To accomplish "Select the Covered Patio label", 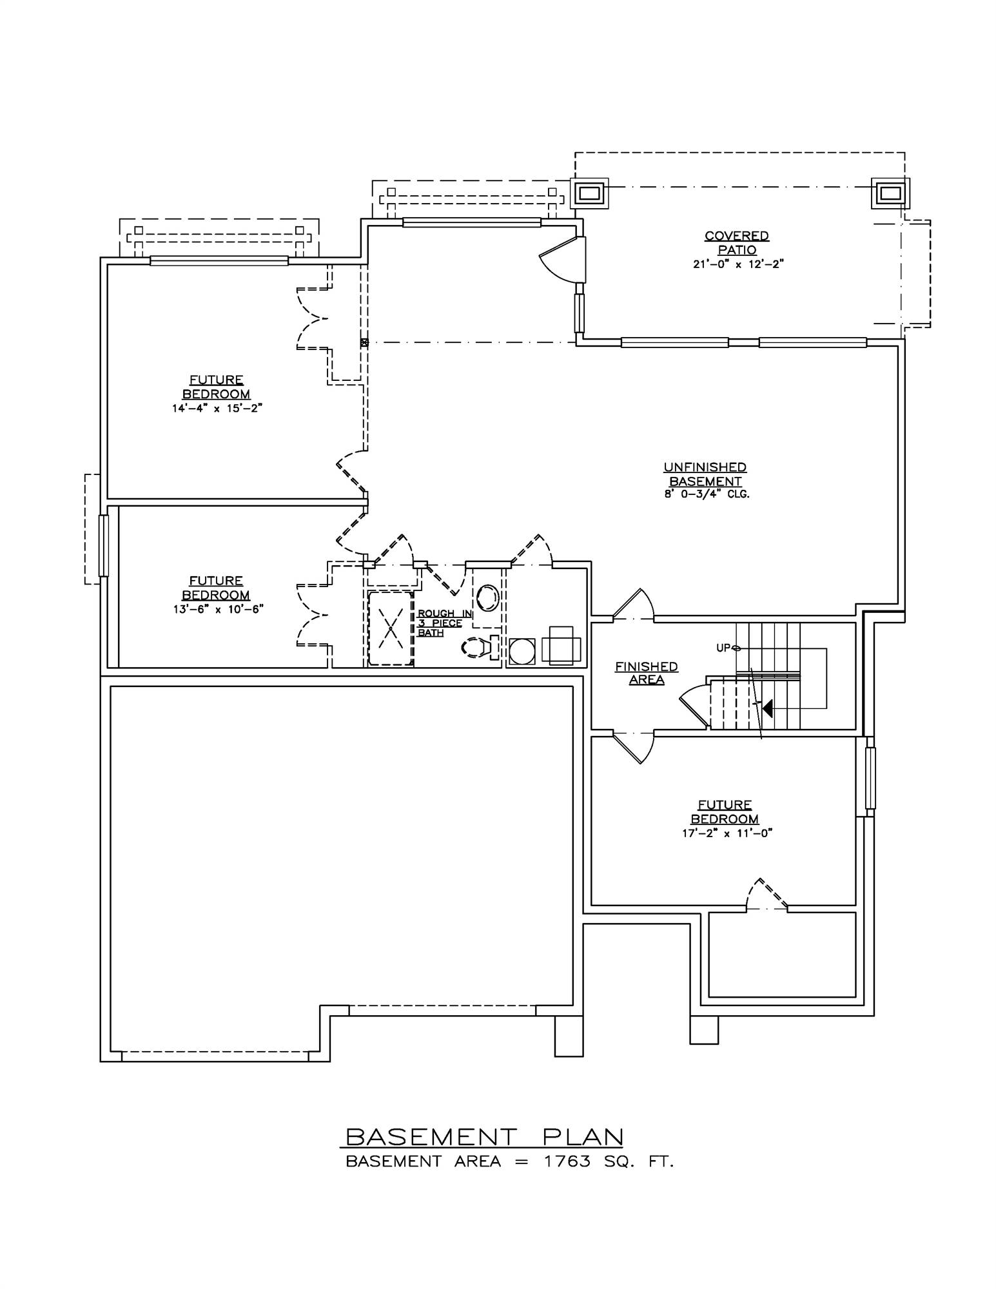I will tap(737, 243).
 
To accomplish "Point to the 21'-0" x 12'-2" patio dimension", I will tap(737, 264).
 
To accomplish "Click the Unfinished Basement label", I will tap(705, 474).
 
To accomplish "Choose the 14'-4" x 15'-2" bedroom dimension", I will tap(216, 408).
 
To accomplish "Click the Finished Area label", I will tap(646, 673).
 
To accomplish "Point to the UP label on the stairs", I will tap(723, 648).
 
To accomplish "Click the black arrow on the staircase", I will tap(767, 708).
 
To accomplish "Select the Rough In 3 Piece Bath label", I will tap(440, 623).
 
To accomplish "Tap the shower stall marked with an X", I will tap(390, 628).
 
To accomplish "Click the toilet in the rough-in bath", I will tap(476, 647).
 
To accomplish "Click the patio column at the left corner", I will tap(589, 193).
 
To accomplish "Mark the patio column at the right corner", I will tap(890, 193).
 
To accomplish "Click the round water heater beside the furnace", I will tap(522, 651).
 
